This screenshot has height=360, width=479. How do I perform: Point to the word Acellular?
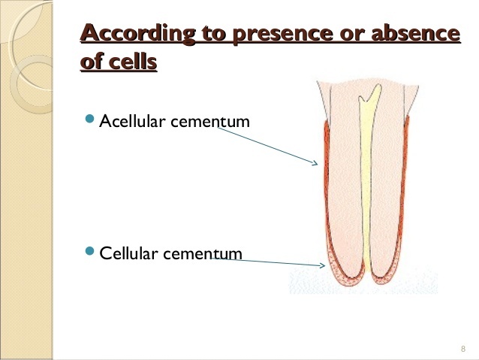pyautogui.click(x=132, y=121)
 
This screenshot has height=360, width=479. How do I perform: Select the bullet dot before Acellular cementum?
pyautogui.click(x=90, y=119)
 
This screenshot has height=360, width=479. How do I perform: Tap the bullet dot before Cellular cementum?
pyautogui.click(x=90, y=252)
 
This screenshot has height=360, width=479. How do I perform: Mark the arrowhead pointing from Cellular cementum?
pyautogui.click(x=321, y=265)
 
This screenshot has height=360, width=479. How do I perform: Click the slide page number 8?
pyautogui.click(x=462, y=349)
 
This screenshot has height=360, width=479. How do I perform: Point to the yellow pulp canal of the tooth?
pyautogui.click(x=366, y=188)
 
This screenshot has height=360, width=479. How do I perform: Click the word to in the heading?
pyautogui.click(x=211, y=34)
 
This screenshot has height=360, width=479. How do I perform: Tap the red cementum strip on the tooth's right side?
pyautogui.click(x=411, y=195)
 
